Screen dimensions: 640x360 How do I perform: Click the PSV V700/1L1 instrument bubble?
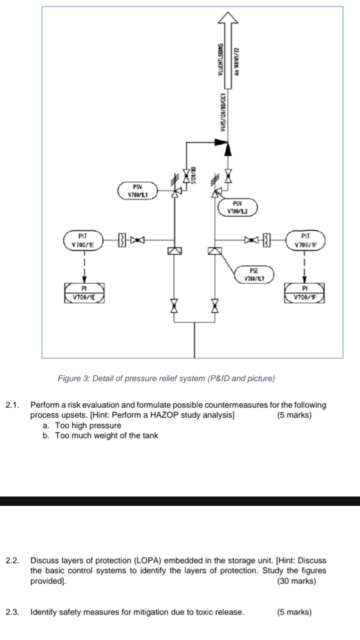click(x=137, y=191)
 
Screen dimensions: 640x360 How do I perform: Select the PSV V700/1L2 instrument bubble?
click(x=238, y=207)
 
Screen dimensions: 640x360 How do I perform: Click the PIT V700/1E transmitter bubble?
click(x=83, y=241)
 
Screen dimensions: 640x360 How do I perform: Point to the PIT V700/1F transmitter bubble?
click(x=306, y=241)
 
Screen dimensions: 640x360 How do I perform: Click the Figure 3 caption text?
click(x=166, y=378)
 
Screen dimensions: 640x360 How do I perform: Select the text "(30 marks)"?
click(x=296, y=581)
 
